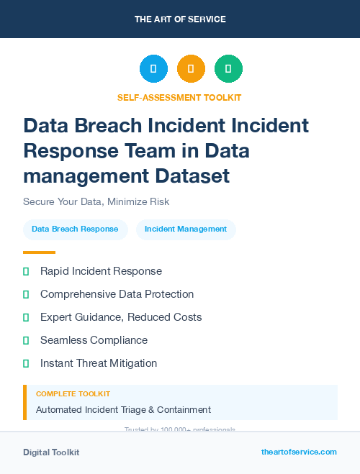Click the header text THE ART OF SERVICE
(180, 19)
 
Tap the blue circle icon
(153, 69)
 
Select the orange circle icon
(191, 69)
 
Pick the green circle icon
(228, 69)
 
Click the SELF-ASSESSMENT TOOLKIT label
(179, 97)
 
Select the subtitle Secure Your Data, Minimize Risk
(96, 201)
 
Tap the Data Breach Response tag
(75, 229)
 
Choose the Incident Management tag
(186, 229)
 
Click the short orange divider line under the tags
(39, 252)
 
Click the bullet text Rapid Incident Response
(101, 271)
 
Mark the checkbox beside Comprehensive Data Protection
(26, 294)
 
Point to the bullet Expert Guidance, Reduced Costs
(121, 317)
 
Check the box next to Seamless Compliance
(26, 340)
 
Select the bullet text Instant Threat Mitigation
(99, 363)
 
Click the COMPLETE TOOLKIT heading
(73, 394)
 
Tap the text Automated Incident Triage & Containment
(123, 410)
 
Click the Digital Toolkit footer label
(51, 452)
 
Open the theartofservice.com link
(299, 452)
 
